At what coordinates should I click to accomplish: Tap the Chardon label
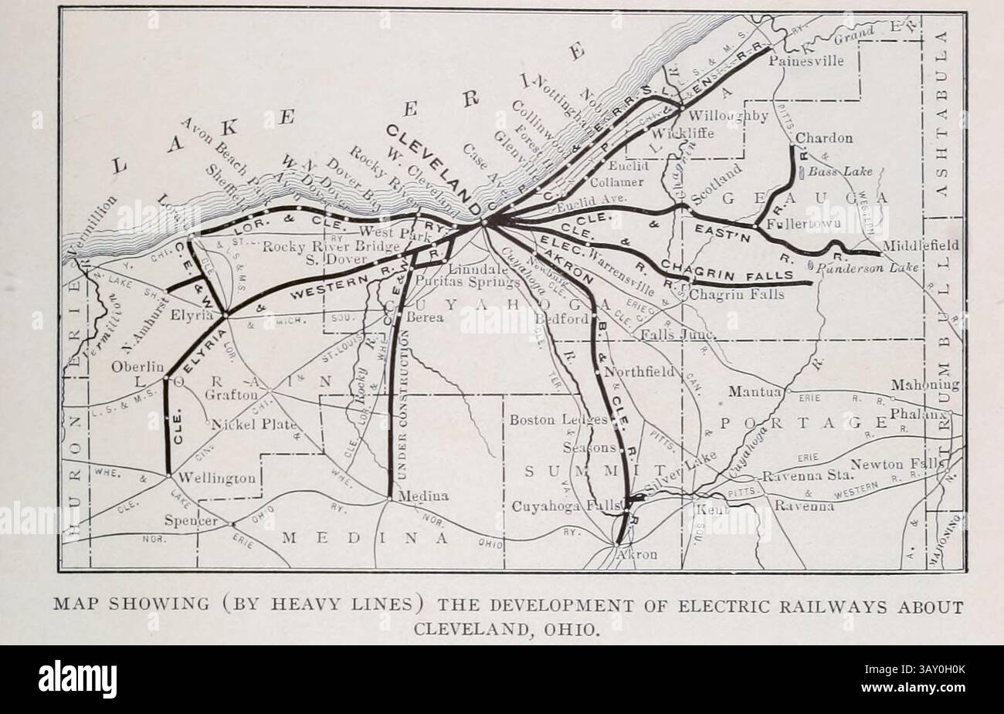824,139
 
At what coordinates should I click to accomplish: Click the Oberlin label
138,367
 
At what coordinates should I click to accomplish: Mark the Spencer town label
191,521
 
